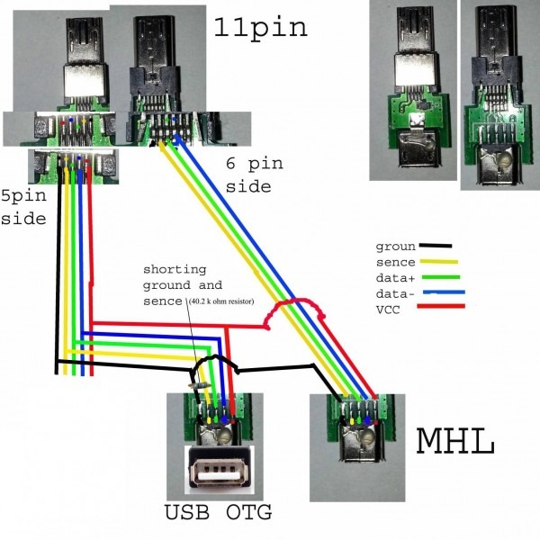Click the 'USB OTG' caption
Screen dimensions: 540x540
pos(219,515)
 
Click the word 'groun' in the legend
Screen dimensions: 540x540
pos(392,246)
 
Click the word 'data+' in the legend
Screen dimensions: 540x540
pos(393,277)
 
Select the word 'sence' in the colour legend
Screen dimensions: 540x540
pos(392,262)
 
